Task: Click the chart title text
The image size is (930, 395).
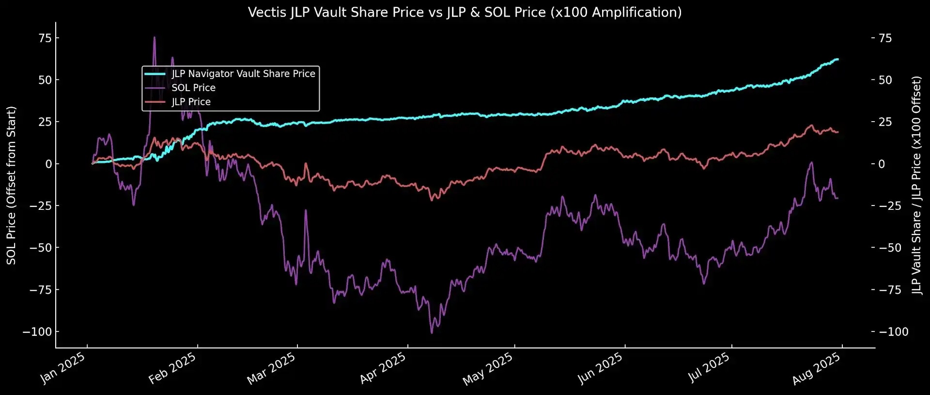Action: point(465,12)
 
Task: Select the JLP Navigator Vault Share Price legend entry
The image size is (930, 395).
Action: point(243,74)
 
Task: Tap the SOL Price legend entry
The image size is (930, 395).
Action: point(193,88)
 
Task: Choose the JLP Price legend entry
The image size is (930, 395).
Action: point(191,102)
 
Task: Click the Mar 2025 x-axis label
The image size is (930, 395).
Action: point(271,368)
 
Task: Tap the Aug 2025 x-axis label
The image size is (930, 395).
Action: point(816,368)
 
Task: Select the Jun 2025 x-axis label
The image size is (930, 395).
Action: point(600,368)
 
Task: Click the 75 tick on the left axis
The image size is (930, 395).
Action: point(45,38)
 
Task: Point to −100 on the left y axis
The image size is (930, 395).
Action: point(37,332)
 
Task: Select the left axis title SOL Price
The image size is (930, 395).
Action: point(11,185)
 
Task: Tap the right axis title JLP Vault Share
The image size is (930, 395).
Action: point(916,185)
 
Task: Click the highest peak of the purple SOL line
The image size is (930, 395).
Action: point(155,37)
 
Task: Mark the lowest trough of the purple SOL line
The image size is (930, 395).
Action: point(432,332)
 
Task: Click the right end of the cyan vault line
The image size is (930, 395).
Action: point(837,59)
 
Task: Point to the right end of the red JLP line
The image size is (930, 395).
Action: point(837,132)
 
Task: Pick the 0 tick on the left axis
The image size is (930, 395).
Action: point(48,164)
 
